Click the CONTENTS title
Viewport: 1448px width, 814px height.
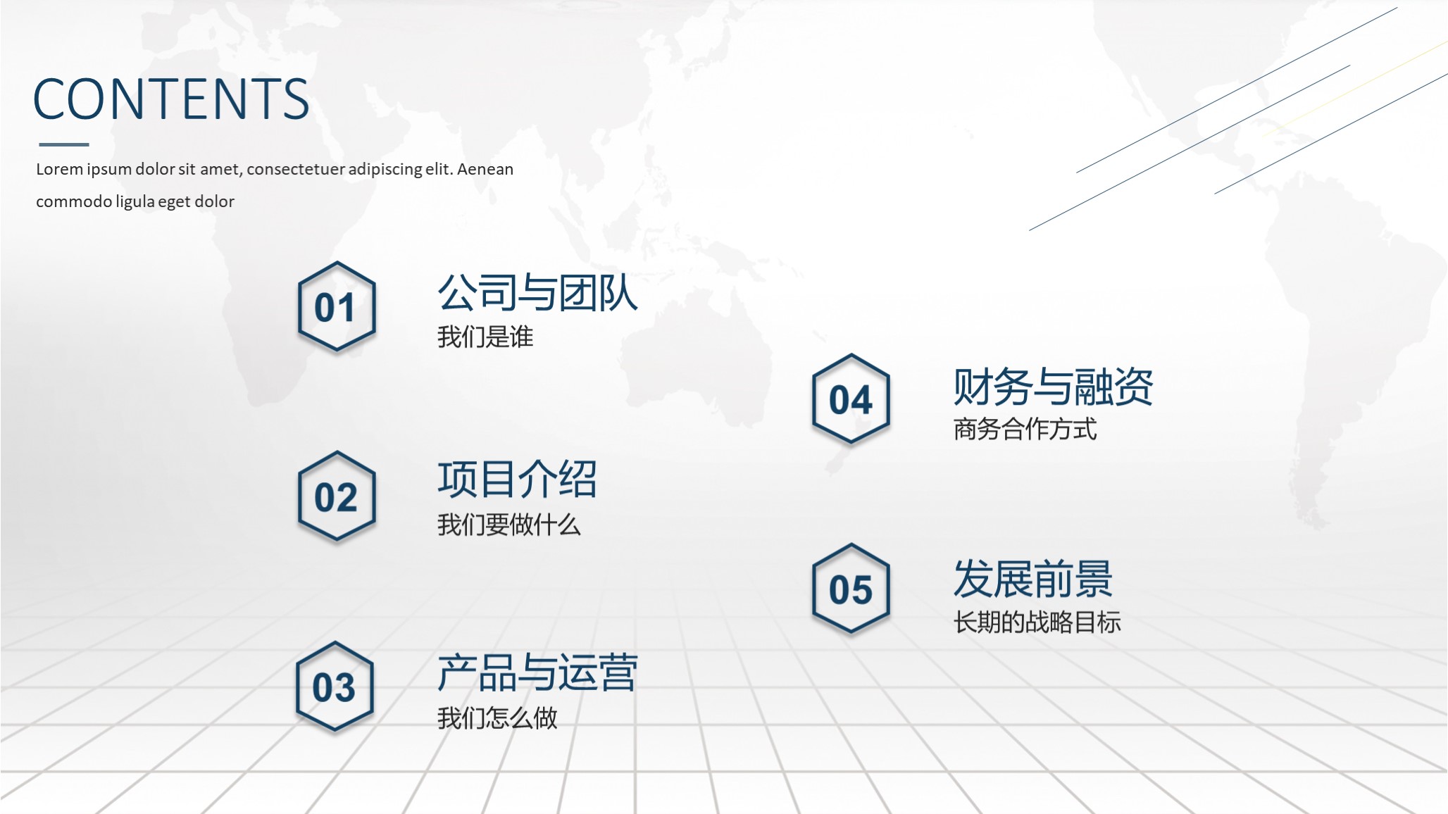pyautogui.click(x=171, y=99)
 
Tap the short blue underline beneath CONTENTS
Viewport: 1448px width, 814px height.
pyautogui.click(x=64, y=144)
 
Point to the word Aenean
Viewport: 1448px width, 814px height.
pyautogui.click(x=485, y=169)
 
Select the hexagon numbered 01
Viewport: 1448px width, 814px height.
pyautogui.click(x=337, y=307)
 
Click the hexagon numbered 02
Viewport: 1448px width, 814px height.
pyautogui.click(x=337, y=497)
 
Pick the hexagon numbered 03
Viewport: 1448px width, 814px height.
pyautogui.click(x=335, y=687)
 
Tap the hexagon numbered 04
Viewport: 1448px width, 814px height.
pyautogui.click(x=851, y=399)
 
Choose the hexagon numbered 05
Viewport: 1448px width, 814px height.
pyautogui.click(x=851, y=589)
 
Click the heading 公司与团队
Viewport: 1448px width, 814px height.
pyautogui.click(x=537, y=293)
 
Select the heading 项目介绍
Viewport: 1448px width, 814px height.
pyautogui.click(x=517, y=480)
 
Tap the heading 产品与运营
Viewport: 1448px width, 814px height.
pyautogui.click(x=537, y=672)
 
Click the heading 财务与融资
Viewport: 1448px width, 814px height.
pyautogui.click(x=1053, y=387)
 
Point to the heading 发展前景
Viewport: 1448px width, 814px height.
pyautogui.click(x=1032, y=579)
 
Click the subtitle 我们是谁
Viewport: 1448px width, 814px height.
pyautogui.click(x=485, y=337)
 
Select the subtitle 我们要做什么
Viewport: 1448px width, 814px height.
pyautogui.click(x=508, y=525)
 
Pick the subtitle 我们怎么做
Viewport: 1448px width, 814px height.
pyautogui.click(x=497, y=718)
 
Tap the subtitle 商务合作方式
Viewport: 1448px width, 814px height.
pyautogui.click(x=1025, y=429)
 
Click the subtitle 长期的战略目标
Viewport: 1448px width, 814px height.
pyautogui.click(x=1037, y=622)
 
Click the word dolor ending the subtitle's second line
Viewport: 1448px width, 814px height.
pyautogui.click(x=214, y=201)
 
